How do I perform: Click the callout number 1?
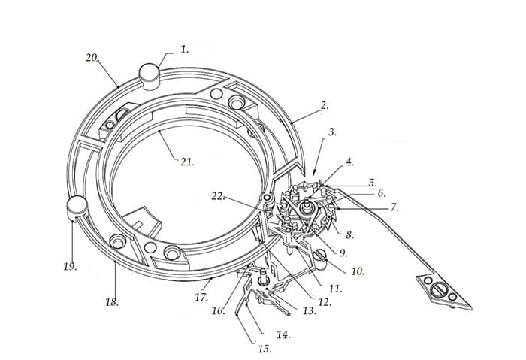[x=185, y=50]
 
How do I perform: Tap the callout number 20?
[x=92, y=58]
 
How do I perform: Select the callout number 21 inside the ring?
[x=187, y=162]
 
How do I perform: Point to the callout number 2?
[x=324, y=105]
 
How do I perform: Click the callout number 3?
[x=332, y=132]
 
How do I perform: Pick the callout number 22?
[x=218, y=196]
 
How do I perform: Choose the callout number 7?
[x=394, y=207]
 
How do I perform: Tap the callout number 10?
[x=358, y=271]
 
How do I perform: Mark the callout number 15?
[x=265, y=349]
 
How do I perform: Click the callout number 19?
[x=71, y=267]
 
